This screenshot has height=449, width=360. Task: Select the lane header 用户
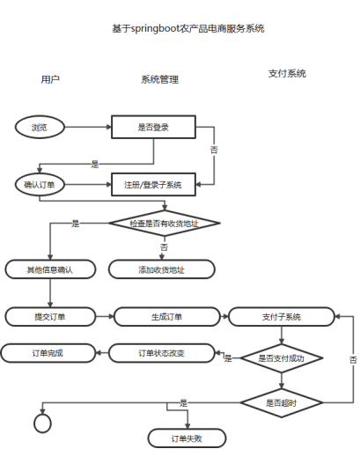pyautogui.click(x=50, y=79)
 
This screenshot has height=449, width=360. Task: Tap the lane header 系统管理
pyautogui.click(x=159, y=79)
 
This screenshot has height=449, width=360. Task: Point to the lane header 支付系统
pyautogui.click(x=287, y=74)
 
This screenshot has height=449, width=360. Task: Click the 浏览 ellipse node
pyautogui.click(x=40, y=128)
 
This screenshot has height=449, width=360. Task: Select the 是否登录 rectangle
pyautogui.click(x=153, y=128)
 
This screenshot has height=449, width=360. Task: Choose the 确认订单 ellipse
pyautogui.click(x=40, y=184)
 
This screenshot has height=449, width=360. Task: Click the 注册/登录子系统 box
pyautogui.click(x=153, y=184)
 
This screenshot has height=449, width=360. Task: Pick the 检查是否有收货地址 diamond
pyautogui.click(x=164, y=224)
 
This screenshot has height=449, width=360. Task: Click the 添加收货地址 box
pyautogui.click(x=161, y=269)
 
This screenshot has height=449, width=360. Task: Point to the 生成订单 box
pyautogui.click(x=161, y=316)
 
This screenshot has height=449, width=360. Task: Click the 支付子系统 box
pyautogui.click(x=281, y=316)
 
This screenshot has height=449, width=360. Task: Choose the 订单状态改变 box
pyautogui.click(x=161, y=353)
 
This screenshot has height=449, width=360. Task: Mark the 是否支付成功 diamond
pyautogui.click(x=281, y=358)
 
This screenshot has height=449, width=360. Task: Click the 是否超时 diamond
pyautogui.click(x=281, y=402)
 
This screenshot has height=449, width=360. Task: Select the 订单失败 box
pyautogui.click(x=186, y=438)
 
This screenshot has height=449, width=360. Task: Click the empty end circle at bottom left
pyautogui.click(x=42, y=423)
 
